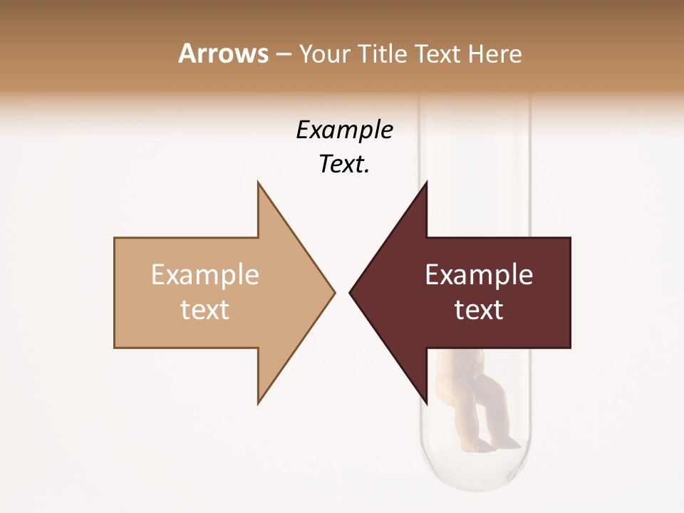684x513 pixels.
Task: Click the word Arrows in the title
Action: tap(223, 53)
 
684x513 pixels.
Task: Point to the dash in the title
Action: tap(283, 54)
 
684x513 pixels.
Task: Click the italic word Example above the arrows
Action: tap(344, 130)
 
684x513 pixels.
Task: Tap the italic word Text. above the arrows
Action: tap(344, 165)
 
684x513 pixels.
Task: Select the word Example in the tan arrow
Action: tap(204, 274)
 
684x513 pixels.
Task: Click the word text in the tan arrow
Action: tap(204, 309)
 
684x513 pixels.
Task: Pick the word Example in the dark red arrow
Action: tap(479, 274)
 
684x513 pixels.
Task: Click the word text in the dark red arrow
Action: tap(479, 309)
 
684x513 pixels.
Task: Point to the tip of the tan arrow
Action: tap(333, 291)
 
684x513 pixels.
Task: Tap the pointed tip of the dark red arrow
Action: tap(351, 291)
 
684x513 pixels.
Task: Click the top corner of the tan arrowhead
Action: tap(259, 183)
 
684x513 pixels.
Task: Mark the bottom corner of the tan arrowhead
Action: tap(259, 403)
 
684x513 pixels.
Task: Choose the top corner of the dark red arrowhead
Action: tap(426, 183)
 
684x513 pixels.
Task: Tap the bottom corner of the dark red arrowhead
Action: tap(426, 403)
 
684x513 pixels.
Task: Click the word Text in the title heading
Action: tap(437, 53)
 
